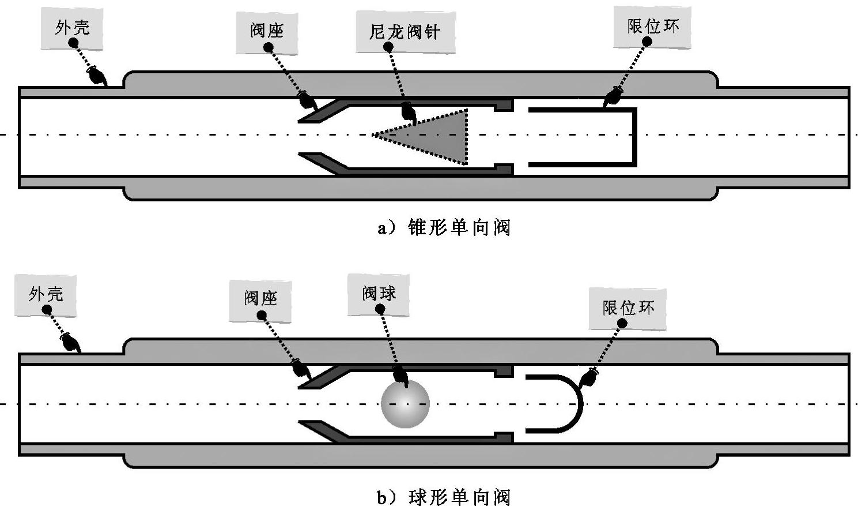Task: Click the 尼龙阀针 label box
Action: (x=405, y=31)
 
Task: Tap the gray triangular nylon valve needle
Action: (x=438, y=136)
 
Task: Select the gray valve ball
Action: (x=405, y=403)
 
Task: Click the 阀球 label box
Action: (x=379, y=294)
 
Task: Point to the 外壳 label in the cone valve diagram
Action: (x=72, y=28)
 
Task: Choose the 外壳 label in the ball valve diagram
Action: (x=46, y=295)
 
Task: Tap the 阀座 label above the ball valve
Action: (x=260, y=299)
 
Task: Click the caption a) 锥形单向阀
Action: (x=444, y=228)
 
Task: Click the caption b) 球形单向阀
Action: (x=444, y=497)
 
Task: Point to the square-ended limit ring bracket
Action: (x=634, y=136)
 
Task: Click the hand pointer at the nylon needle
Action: (x=409, y=112)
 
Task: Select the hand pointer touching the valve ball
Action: (x=399, y=376)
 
